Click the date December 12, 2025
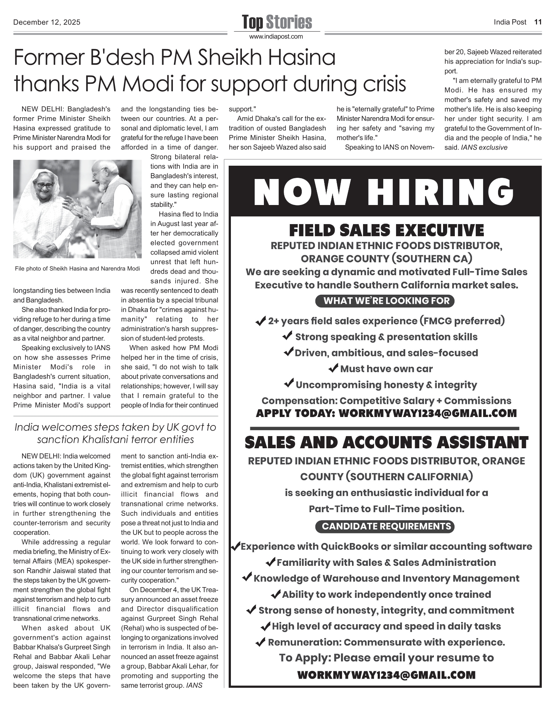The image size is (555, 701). pyautogui.click(x=47, y=22)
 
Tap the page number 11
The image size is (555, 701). pyautogui.click(x=538, y=22)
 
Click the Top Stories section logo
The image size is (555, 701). pyautogui.click(x=277, y=22)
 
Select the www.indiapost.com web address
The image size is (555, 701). pyautogui.click(x=276, y=37)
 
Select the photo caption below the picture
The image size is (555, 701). pyautogui.click(x=77, y=269)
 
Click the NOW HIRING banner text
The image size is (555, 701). pyautogui.click(x=384, y=192)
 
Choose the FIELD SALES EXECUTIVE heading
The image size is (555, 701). pyautogui.click(x=386, y=231)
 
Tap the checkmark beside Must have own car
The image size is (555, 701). pyautogui.click(x=333, y=368)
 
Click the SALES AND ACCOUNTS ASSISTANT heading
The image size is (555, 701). pyautogui.click(x=386, y=442)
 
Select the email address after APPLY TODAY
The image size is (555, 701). pyautogui.click(x=427, y=413)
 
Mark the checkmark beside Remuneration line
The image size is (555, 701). pyautogui.click(x=261, y=643)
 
